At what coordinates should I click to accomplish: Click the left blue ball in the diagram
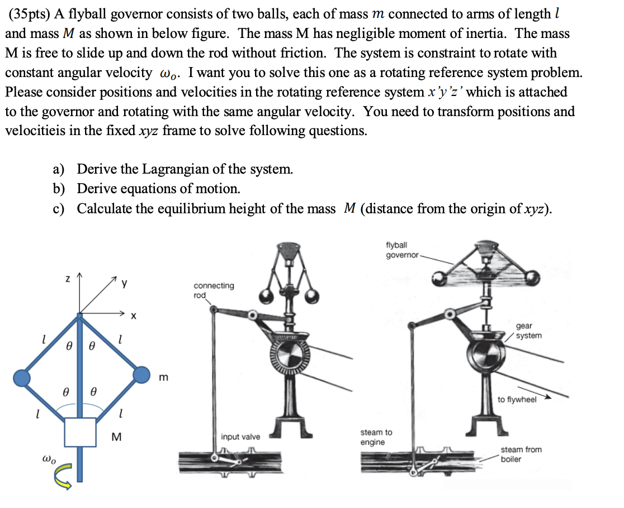tap(22, 378)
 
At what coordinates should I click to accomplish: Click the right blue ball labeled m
tap(141, 375)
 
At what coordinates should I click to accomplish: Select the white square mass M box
tap(80, 432)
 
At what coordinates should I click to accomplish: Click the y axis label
tap(125, 284)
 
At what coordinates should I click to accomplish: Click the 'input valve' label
tap(240, 437)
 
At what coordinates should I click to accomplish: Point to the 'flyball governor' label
tap(401, 250)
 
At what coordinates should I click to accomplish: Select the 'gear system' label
tap(528, 330)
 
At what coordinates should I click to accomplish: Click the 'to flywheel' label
tap(517, 399)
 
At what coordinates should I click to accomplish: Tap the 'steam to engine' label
tap(376, 437)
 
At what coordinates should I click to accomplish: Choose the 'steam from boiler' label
tap(521, 454)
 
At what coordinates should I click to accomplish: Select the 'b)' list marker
tap(59, 189)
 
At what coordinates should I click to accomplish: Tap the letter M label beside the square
tap(116, 436)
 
